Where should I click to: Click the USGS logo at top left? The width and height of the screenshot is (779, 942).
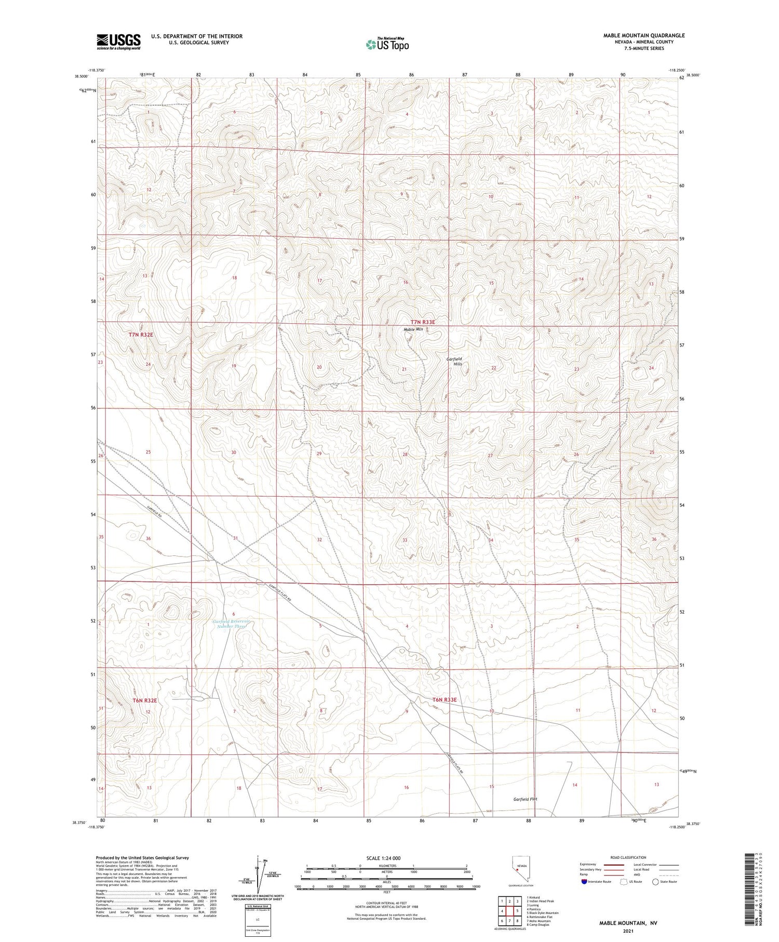[x=118, y=42]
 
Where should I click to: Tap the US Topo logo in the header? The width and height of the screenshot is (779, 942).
[x=387, y=45]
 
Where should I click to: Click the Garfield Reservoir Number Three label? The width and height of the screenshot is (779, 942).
[x=231, y=623]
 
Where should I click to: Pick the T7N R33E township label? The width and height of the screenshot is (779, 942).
[x=422, y=322]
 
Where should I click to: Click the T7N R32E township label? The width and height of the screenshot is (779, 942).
[x=141, y=335]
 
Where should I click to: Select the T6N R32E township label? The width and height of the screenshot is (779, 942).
[x=144, y=700]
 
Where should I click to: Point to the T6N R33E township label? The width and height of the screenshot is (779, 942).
[x=444, y=699]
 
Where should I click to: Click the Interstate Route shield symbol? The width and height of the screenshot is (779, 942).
[x=585, y=882]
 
